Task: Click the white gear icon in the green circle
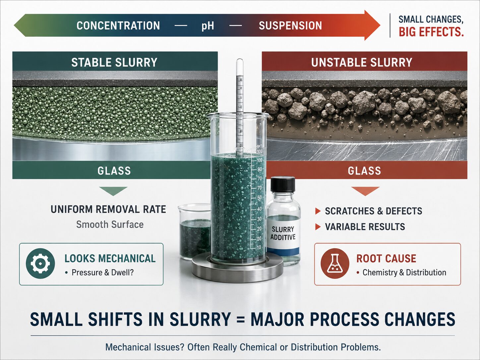[x=40, y=264]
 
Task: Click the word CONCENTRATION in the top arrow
[x=118, y=26]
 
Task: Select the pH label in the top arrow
[x=208, y=26]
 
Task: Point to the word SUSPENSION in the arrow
[x=290, y=26]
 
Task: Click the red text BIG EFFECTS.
[x=431, y=32]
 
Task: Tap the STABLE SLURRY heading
[x=114, y=62]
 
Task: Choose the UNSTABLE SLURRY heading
[x=362, y=62]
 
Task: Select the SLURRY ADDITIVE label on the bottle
[x=283, y=233]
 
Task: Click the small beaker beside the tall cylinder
[x=194, y=232]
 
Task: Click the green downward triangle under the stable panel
[x=113, y=191]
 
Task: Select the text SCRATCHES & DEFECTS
[x=374, y=211]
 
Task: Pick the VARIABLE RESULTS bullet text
[x=365, y=227]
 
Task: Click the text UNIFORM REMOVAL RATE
[x=108, y=209]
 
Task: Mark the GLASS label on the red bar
[x=364, y=171]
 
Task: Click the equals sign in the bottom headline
[x=241, y=319]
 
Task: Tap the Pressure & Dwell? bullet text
[x=102, y=272]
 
